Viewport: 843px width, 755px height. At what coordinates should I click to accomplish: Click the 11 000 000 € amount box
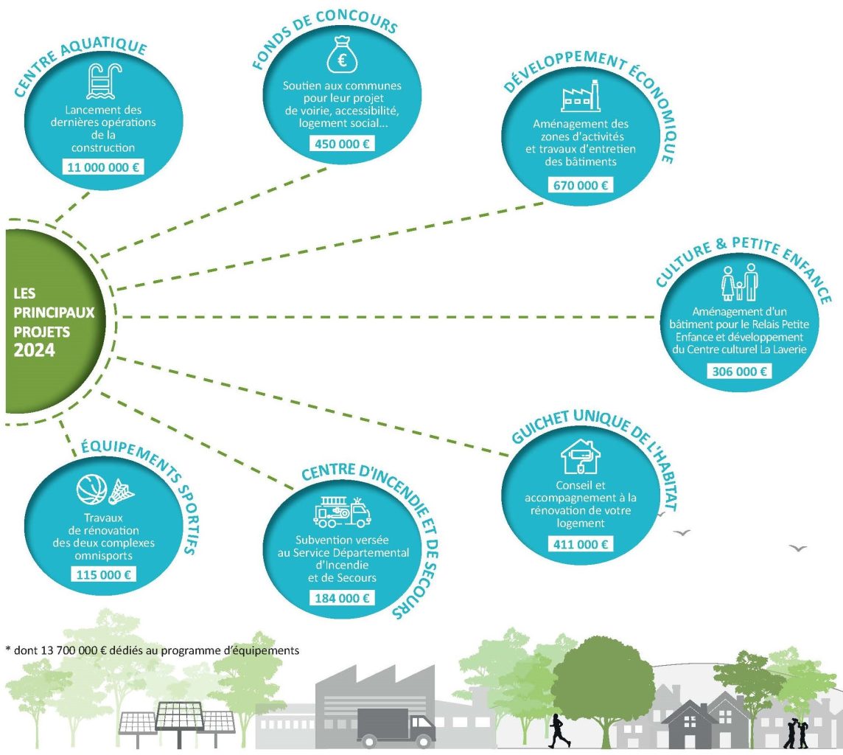click(103, 167)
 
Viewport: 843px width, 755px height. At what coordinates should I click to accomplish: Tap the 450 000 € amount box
click(342, 144)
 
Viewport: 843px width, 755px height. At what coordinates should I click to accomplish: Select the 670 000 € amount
click(581, 185)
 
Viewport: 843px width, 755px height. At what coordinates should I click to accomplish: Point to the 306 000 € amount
click(739, 371)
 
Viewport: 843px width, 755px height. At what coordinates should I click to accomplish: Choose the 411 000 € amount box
click(581, 544)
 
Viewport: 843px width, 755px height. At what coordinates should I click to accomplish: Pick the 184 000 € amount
click(342, 598)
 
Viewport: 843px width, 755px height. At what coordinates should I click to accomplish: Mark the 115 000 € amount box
click(103, 574)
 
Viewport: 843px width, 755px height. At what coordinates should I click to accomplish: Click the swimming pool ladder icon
click(104, 81)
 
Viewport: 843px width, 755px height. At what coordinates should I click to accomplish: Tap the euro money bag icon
click(343, 55)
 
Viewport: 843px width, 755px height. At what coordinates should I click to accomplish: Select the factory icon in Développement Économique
click(581, 96)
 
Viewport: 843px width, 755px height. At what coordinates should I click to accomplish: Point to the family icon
click(739, 282)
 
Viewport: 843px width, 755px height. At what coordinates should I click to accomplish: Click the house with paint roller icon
click(581, 456)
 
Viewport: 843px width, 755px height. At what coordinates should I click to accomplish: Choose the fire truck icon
click(343, 512)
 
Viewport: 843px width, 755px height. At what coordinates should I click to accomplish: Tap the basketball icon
click(92, 490)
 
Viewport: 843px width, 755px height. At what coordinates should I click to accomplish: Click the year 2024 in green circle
click(35, 351)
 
